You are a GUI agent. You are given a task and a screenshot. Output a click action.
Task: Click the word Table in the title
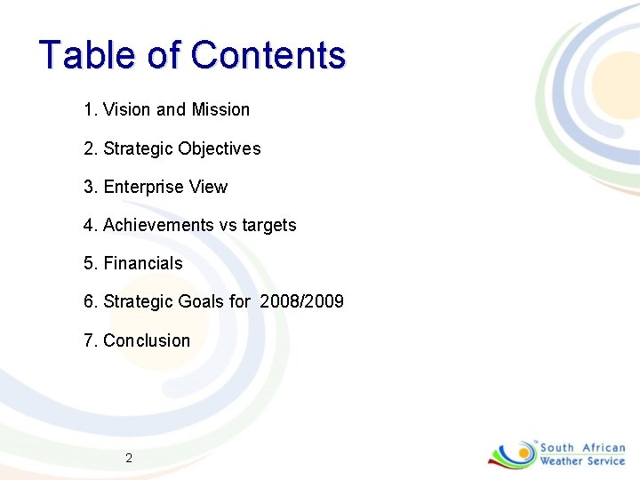click(88, 55)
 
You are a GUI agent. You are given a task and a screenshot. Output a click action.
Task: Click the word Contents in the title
click(268, 55)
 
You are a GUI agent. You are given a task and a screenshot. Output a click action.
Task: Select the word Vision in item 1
click(127, 110)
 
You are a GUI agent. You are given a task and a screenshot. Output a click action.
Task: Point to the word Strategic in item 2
click(139, 148)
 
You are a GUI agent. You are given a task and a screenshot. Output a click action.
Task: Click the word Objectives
click(220, 148)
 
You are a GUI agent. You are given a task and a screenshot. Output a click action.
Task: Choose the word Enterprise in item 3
click(140, 188)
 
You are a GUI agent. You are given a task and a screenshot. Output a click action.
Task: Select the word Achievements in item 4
click(158, 226)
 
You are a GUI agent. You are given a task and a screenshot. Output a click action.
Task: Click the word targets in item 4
click(268, 226)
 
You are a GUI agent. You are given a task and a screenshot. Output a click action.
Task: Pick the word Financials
click(143, 264)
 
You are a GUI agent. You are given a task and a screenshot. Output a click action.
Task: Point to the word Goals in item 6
click(202, 302)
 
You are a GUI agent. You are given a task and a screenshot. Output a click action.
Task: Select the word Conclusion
click(147, 340)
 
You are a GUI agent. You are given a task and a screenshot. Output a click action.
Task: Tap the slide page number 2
click(129, 459)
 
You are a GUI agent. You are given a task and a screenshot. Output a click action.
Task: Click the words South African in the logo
click(582, 448)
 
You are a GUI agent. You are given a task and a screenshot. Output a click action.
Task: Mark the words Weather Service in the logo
click(582, 461)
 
